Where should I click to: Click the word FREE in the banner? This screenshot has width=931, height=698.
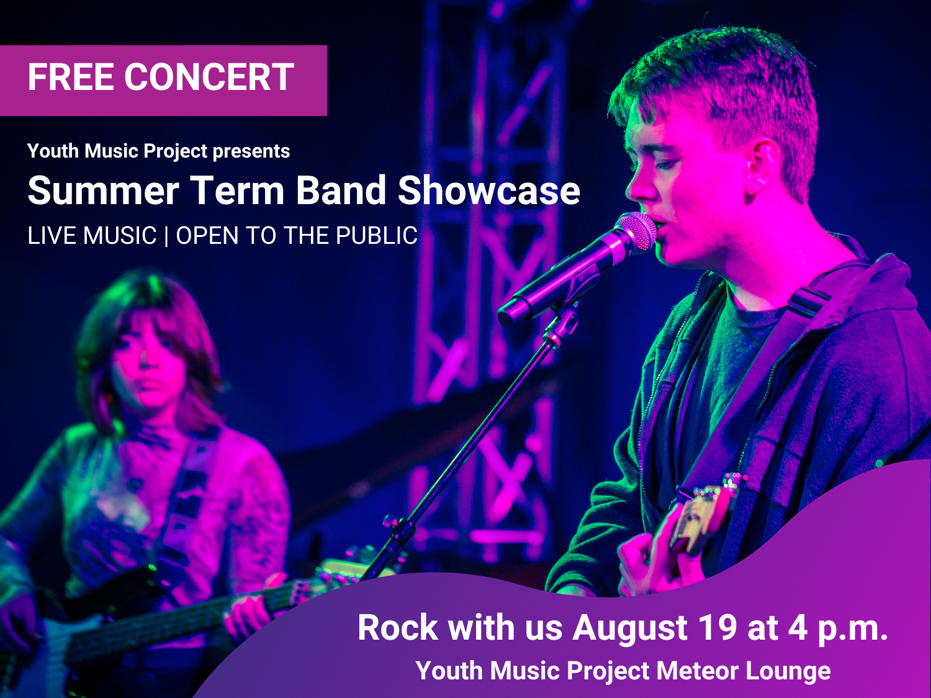pyautogui.click(x=71, y=77)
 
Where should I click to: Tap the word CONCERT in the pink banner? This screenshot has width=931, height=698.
pyautogui.click(x=209, y=77)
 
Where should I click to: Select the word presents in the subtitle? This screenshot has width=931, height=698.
pyautogui.click(x=251, y=151)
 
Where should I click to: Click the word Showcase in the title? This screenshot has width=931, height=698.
pyautogui.click(x=488, y=190)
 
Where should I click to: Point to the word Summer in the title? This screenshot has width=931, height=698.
pyautogui.click(x=103, y=190)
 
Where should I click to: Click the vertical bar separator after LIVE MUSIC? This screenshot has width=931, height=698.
pyautogui.click(x=166, y=236)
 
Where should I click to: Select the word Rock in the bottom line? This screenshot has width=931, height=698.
pyautogui.click(x=397, y=628)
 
